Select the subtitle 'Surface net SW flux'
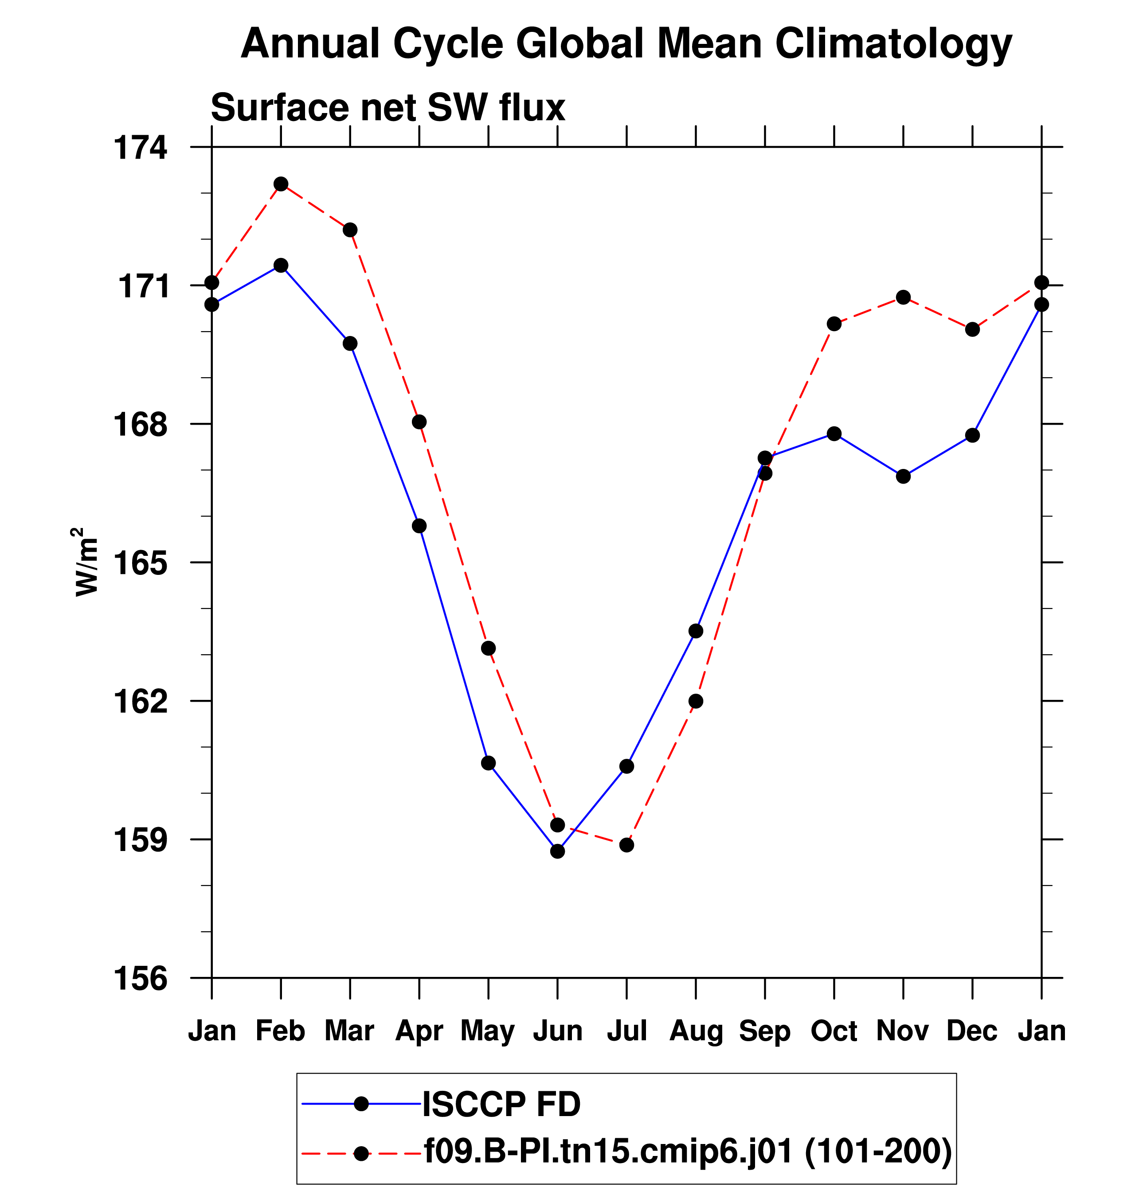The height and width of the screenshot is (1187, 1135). (388, 108)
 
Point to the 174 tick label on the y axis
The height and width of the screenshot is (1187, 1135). (141, 148)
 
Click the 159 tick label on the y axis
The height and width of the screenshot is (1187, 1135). (141, 840)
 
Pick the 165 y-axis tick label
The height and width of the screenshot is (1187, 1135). (141, 563)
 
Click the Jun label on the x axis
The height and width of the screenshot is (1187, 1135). (557, 1030)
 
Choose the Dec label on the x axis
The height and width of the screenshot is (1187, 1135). (972, 1030)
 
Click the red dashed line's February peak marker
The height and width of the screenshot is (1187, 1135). (281, 184)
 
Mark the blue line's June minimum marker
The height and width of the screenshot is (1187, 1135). (557, 851)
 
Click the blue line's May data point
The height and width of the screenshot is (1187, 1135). (488, 763)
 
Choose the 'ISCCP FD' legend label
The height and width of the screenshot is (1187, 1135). (501, 1104)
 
